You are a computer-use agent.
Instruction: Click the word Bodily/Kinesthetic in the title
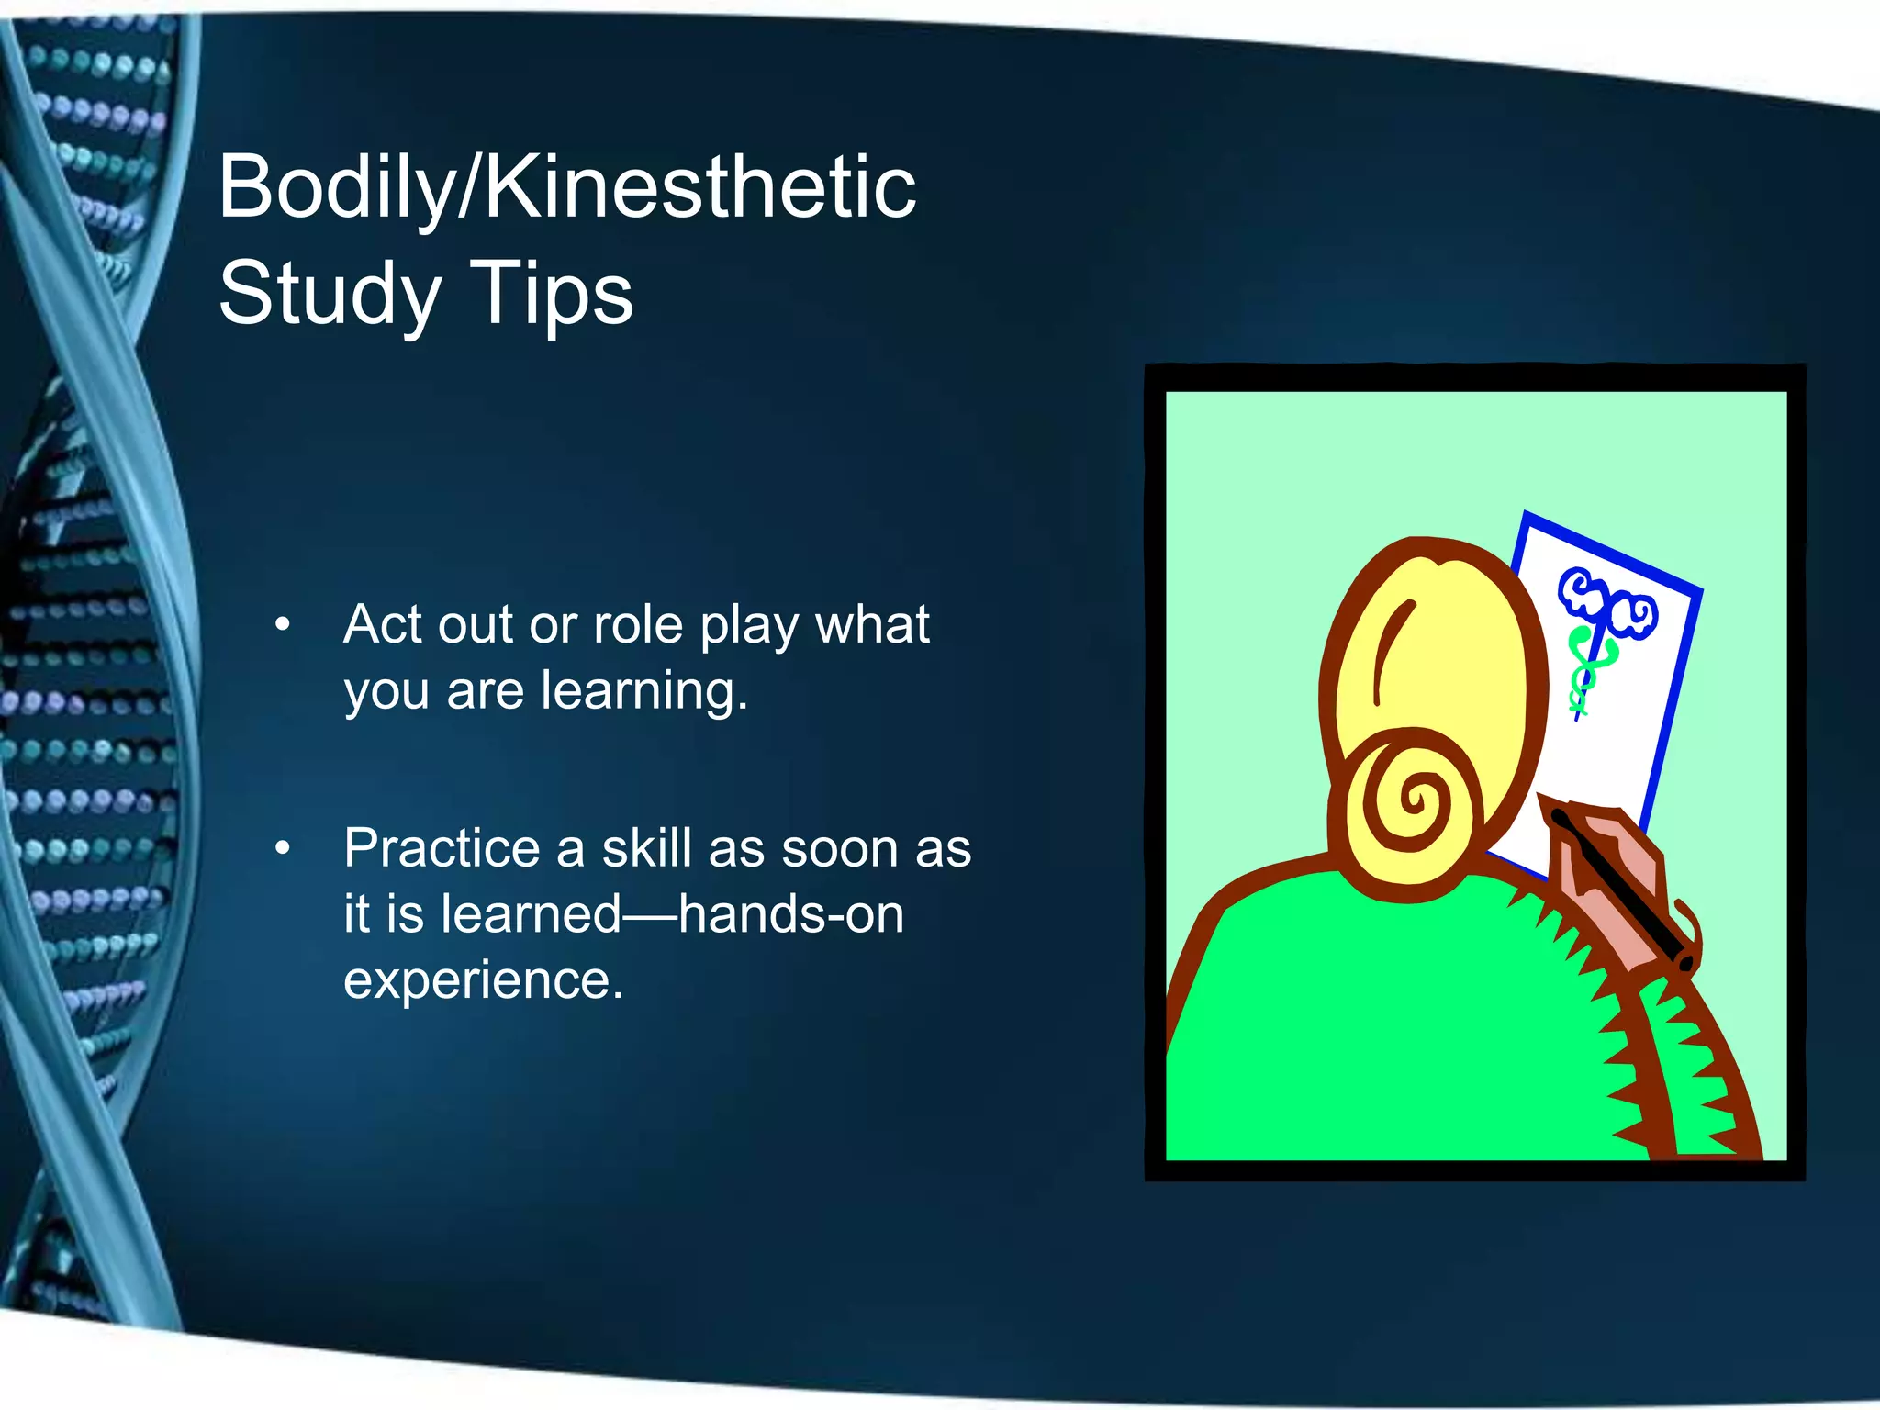(566, 188)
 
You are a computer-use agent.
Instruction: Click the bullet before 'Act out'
(283, 625)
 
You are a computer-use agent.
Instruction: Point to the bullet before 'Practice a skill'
(283, 848)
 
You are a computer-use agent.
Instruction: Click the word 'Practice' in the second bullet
(442, 848)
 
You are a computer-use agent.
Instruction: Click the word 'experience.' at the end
(483, 980)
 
